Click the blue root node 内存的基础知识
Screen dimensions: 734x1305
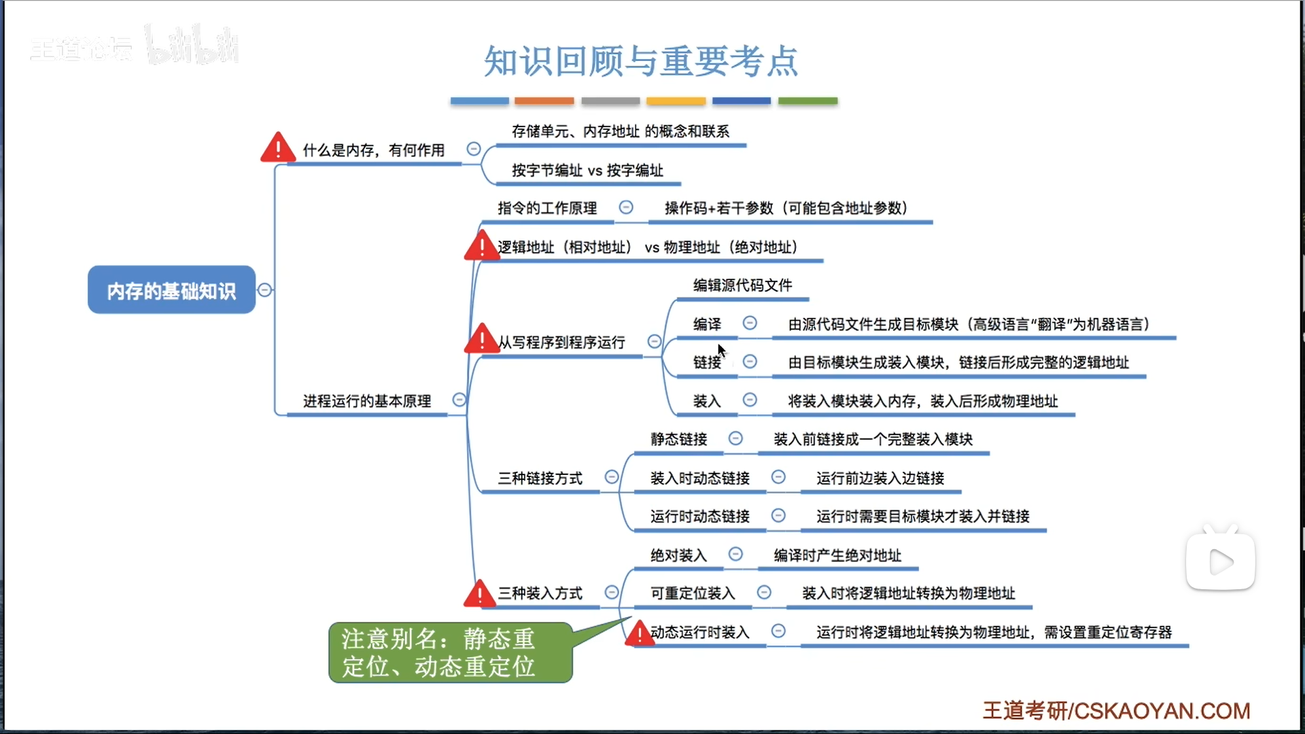171,290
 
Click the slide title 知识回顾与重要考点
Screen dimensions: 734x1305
640,61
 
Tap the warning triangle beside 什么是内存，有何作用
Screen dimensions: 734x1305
278,147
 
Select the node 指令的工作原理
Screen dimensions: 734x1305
547,208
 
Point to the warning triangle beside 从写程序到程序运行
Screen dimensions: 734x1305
481,338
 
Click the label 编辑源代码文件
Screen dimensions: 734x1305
742,285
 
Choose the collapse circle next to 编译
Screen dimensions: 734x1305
750,324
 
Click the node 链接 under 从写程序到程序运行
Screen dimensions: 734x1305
707,362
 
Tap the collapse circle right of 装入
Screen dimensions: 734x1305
750,400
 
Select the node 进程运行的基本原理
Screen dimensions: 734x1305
367,401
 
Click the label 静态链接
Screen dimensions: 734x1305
679,439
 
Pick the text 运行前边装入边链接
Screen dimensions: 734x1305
880,478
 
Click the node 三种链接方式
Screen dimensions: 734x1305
540,478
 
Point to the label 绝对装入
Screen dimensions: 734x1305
679,555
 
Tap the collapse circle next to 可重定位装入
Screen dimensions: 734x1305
764,593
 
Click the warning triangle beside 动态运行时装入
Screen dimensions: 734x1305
639,633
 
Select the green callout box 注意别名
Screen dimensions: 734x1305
450,652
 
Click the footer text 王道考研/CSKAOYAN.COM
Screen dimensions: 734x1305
1116,711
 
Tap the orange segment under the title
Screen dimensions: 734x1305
544,101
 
